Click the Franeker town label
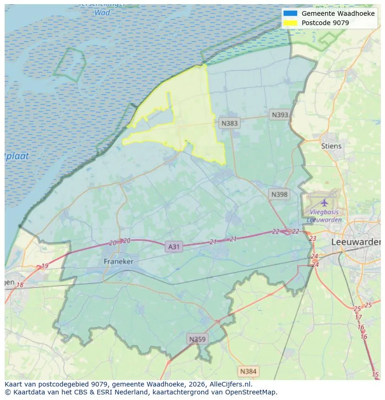pos(119,262)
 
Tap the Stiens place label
pos(331,146)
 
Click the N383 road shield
pos(229,123)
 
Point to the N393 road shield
pos(280,115)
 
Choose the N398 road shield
pos(279,195)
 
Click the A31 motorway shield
pos(173,247)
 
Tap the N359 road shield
pos(197,339)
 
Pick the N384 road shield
pos(247,371)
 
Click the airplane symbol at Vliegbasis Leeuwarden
pos(324,203)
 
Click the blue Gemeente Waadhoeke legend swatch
pos(290,13)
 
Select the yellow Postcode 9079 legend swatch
pos(290,22)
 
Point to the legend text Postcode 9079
pos(325,22)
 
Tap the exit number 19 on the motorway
pos(45,266)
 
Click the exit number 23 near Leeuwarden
pos(312,238)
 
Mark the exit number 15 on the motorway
pos(375,374)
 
